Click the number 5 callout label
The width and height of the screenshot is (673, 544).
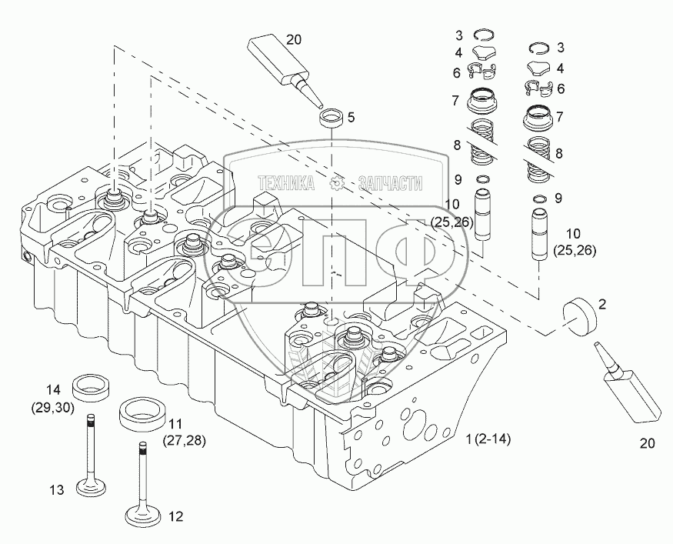pos(351,118)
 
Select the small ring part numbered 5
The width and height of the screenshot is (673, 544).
pos(332,120)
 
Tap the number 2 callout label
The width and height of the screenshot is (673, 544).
pos(602,305)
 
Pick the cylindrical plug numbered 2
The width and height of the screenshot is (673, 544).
pos(579,313)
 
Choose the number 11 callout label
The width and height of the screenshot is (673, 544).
pos(175,424)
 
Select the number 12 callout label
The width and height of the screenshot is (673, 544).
pos(175,516)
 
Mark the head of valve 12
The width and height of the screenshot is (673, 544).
pos(145,519)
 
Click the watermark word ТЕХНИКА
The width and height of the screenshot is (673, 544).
pos(286,183)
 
